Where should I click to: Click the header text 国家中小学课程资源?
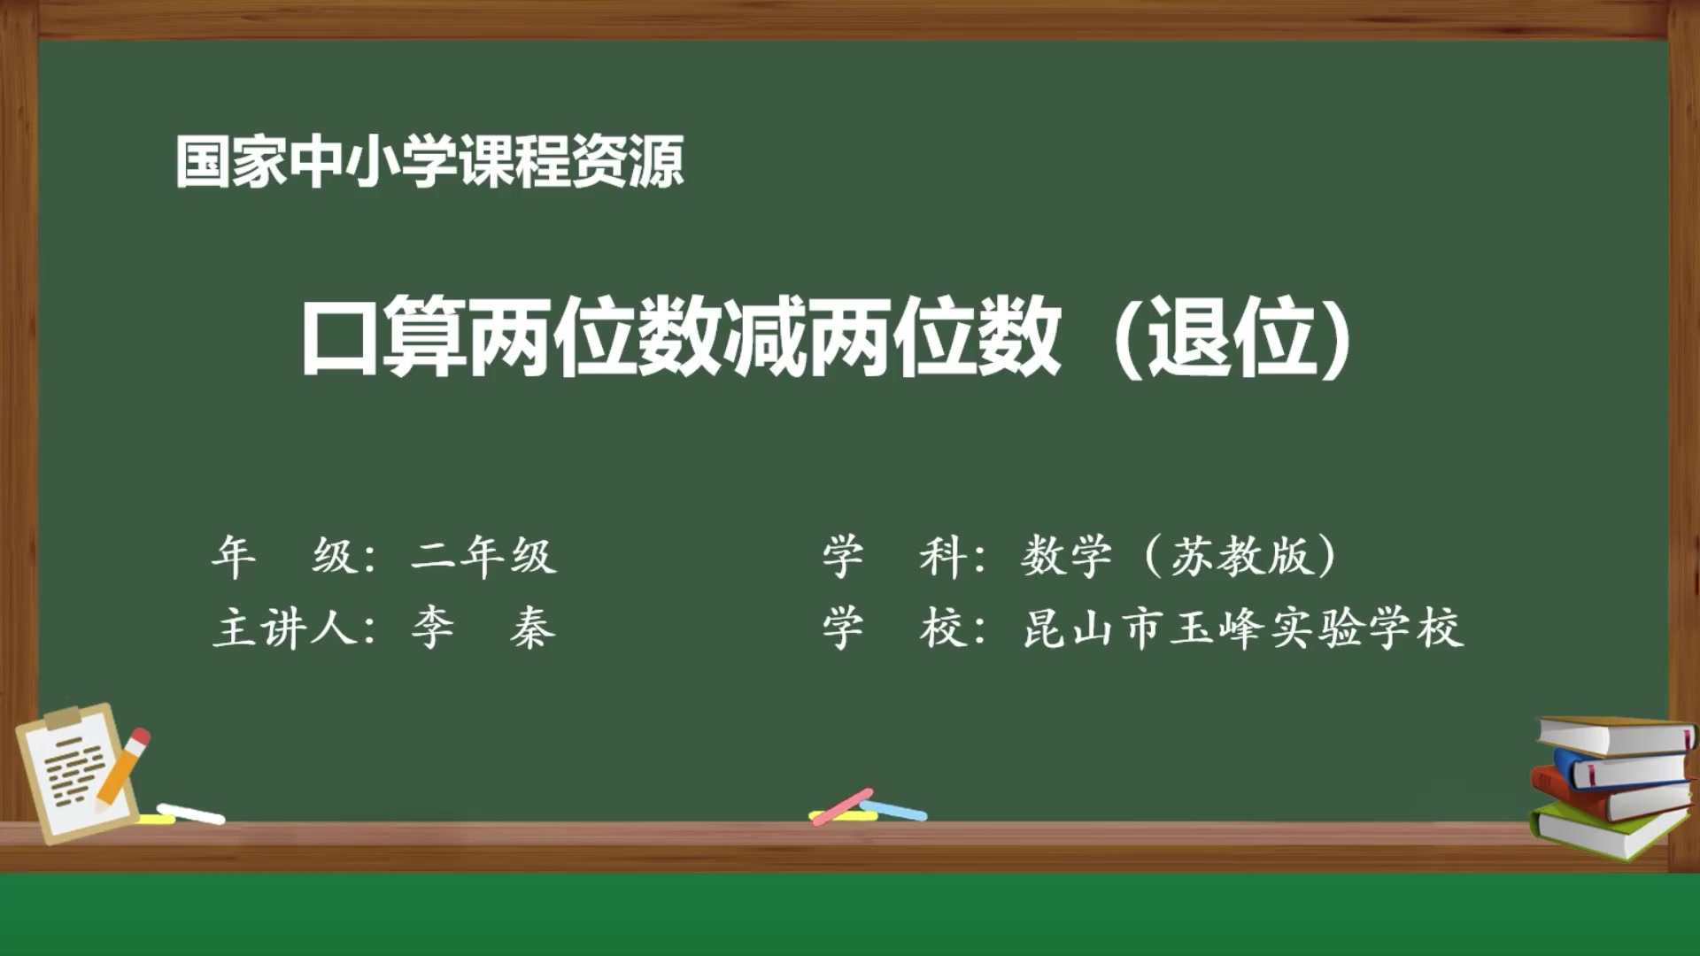[x=429, y=162]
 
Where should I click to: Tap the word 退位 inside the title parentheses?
[x=1231, y=337]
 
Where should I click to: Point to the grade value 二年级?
[x=483, y=557]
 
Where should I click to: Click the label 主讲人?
[x=283, y=629]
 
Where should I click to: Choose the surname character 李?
[x=433, y=629]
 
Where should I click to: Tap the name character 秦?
[x=532, y=629]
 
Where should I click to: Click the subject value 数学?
[x=1066, y=557]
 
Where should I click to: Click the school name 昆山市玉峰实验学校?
[x=1242, y=629]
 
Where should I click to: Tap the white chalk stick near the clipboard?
[x=191, y=813]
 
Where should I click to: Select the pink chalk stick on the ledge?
[x=842, y=806]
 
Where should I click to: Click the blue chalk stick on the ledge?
[x=894, y=809]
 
